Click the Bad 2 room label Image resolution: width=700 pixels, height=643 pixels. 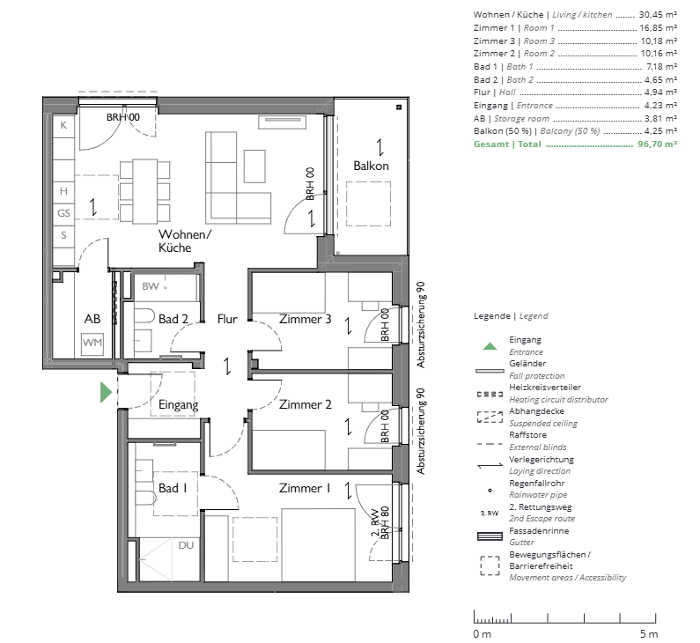(x=173, y=319)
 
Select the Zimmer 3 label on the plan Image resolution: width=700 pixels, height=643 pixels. (x=305, y=319)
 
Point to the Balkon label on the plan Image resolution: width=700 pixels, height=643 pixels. (x=371, y=166)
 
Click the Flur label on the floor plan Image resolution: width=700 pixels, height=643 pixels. (x=227, y=320)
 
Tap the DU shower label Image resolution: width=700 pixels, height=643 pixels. (x=186, y=545)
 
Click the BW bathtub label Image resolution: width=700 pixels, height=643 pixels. (x=151, y=286)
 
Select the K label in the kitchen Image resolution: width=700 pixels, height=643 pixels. (x=63, y=126)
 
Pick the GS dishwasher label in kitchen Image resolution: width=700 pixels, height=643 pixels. (x=63, y=213)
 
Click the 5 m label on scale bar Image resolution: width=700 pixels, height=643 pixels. (x=648, y=634)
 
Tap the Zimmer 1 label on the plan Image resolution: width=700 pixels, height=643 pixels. (x=305, y=489)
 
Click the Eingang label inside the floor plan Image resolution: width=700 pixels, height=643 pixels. (x=179, y=405)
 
